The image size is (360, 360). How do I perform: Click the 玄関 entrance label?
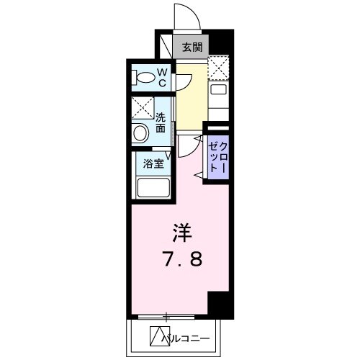(x=192, y=48)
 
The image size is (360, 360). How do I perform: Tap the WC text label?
(x=163, y=77)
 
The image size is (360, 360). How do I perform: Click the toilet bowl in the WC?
(x=141, y=77)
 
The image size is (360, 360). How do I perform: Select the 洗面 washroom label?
(x=162, y=120)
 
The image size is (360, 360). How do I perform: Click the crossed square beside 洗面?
(x=141, y=109)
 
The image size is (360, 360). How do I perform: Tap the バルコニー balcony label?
(x=189, y=336)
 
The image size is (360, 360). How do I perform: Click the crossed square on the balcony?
(x=158, y=335)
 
